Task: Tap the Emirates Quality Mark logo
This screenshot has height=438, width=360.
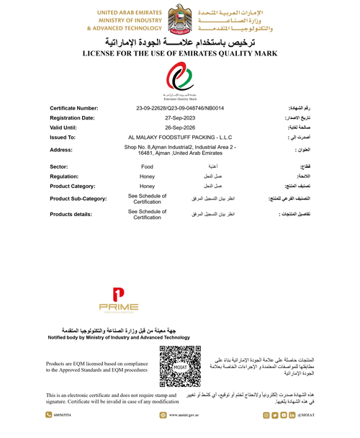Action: (x=180, y=79)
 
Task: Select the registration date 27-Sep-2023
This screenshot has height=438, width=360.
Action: (x=180, y=117)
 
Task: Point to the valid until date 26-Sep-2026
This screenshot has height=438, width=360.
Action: (x=180, y=126)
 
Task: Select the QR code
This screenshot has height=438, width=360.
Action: (x=180, y=367)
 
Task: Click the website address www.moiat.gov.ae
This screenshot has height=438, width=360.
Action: (x=184, y=416)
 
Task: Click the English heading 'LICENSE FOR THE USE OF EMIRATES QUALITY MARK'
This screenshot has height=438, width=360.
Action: (x=180, y=53)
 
